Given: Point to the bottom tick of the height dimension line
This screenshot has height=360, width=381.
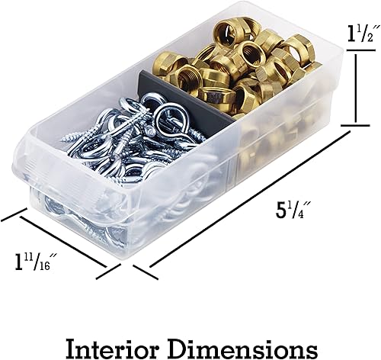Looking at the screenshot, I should pyautogui.click(x=355, y=124).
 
